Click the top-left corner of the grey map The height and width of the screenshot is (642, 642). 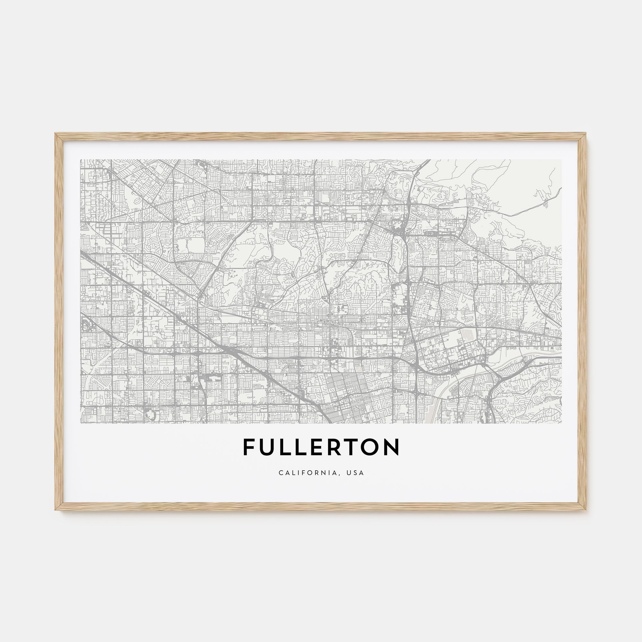pos(81,160)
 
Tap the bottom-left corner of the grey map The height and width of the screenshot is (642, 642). pos(81,423)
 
